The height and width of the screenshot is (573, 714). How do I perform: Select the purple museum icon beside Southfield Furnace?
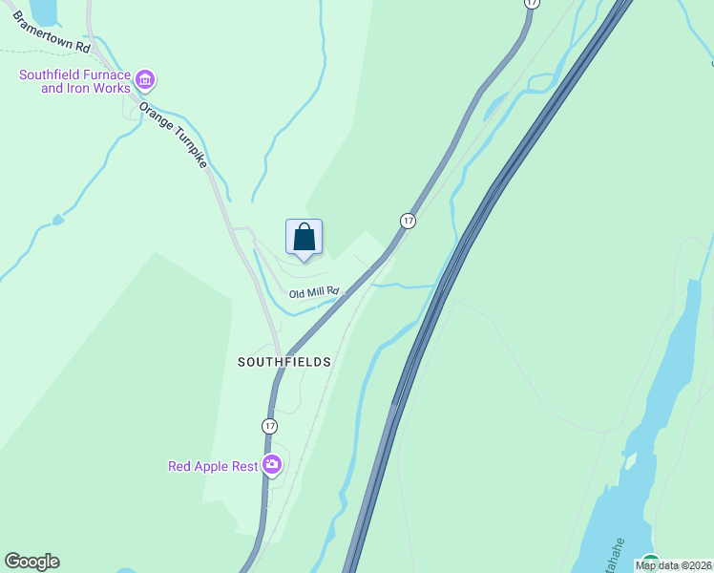pyautogui.click(x=145, y=79)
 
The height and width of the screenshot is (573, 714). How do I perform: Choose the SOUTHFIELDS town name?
pyautogui.click(x=284, y=362)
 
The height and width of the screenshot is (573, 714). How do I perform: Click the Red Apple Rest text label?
pyautogui.click(x=213, y=466)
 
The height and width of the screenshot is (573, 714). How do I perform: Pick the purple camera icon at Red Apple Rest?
pyautogui.click(x=272, y=465)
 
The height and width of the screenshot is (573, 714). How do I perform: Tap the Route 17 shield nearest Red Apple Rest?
pyautogui.click(x=270, y=425)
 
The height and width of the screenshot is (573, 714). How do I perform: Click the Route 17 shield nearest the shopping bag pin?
pyautogui.click(x=408, y=221)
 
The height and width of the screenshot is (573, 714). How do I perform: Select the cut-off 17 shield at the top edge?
pyautogui.click(x=532, y=4)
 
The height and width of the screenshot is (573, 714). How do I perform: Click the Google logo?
pyautogui.click(x=31, y=562)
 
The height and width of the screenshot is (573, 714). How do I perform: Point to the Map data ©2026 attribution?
pyautogui.click(x=673, y=565)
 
